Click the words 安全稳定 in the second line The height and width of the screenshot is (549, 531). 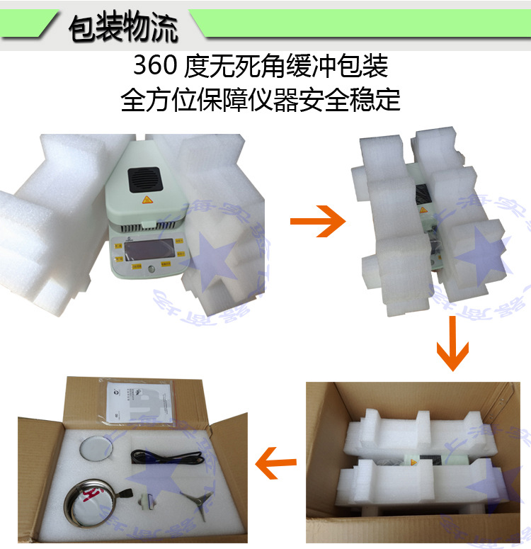(x=367, y=100)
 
